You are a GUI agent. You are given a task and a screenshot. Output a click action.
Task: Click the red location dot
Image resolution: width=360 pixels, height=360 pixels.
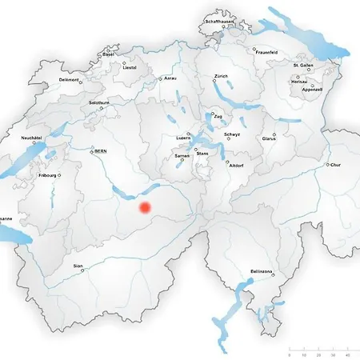click(x=145, y=207)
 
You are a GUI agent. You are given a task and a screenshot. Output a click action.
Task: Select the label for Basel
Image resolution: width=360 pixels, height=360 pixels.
click(x=108, y=54)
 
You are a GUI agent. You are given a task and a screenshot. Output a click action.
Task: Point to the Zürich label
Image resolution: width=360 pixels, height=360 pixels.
click(x=221, y=76)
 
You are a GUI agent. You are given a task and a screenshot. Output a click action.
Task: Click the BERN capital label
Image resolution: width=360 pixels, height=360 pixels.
click(x=100, y=150)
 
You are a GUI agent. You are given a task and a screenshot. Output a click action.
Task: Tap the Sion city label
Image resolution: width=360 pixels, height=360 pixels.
click(x=77, y=266)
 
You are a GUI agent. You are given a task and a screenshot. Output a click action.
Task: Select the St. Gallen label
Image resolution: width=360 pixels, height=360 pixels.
click(x=302, y=65)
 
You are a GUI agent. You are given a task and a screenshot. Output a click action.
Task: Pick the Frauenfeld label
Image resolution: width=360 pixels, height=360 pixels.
click(x=266, y=50)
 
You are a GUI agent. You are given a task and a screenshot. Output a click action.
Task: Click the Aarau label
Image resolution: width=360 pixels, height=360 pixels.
click(x=170, y=78)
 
